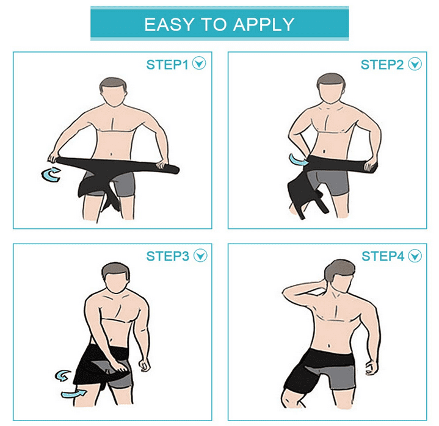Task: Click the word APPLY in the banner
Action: tap(264, 24)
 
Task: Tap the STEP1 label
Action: tap(167, 65)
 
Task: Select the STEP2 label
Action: tap(382, 65)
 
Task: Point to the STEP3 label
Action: tap(167, 256)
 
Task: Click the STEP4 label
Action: tap(383, 256)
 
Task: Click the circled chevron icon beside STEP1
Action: tap(199, 63)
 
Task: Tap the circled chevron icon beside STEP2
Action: tap(415, 64)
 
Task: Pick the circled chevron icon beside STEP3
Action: tap(200, 256)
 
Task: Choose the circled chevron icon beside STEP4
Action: tap(415, 256)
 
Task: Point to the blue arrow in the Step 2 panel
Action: tap(298, 159)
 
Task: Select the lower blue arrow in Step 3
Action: tap(73, 394)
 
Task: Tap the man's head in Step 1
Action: tap(114, 92)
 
